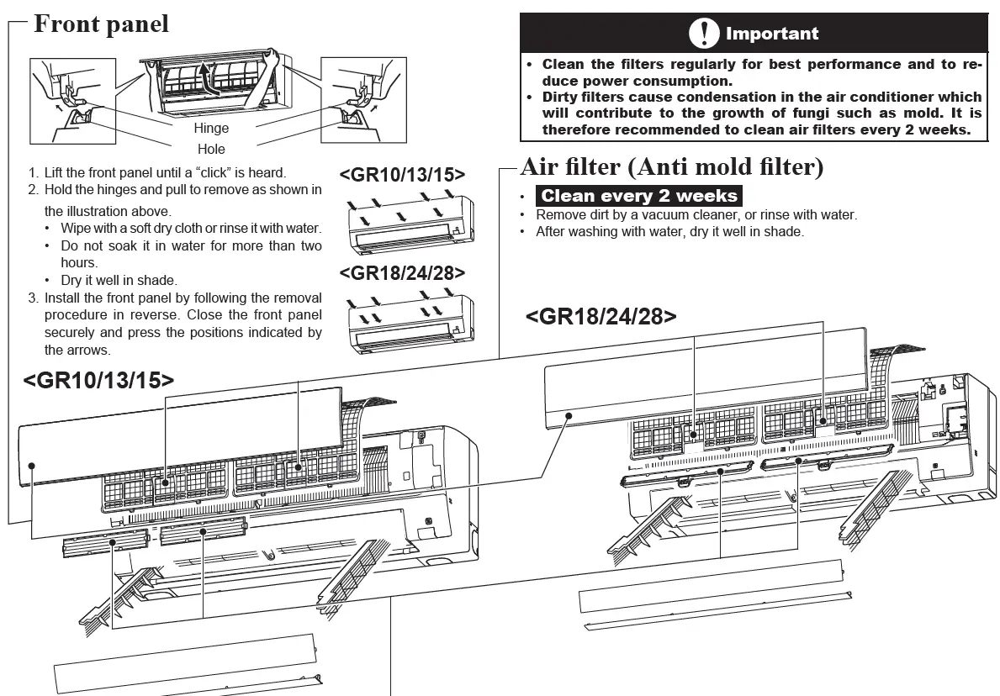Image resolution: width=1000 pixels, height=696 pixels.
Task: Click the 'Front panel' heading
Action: tap(101, 24)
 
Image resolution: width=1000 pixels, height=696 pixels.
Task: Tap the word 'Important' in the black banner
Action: tap(771, 34)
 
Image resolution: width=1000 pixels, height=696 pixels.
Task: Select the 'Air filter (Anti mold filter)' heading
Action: tap(672, 166)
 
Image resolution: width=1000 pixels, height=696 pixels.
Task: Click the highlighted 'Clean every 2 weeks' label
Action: tap(639, 196)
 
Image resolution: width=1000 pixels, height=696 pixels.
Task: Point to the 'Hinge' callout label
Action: tap(211, 129)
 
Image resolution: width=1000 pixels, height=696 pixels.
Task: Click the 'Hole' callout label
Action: tap(211, 150)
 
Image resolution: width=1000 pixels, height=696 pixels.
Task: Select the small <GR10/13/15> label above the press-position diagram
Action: tap(402, 175)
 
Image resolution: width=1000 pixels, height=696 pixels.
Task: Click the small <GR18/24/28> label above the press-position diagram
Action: tap(402, 272)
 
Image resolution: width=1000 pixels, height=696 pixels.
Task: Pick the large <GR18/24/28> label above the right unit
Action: tap(601, 316)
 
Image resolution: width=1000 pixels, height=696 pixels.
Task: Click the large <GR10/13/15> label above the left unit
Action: tap(98, 380)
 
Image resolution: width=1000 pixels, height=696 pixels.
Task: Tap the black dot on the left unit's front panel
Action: tap(31, 464)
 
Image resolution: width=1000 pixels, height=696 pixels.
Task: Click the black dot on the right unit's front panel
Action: tap(569, 415)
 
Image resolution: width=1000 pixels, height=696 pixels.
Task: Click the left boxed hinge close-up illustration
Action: tap(72, 101)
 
